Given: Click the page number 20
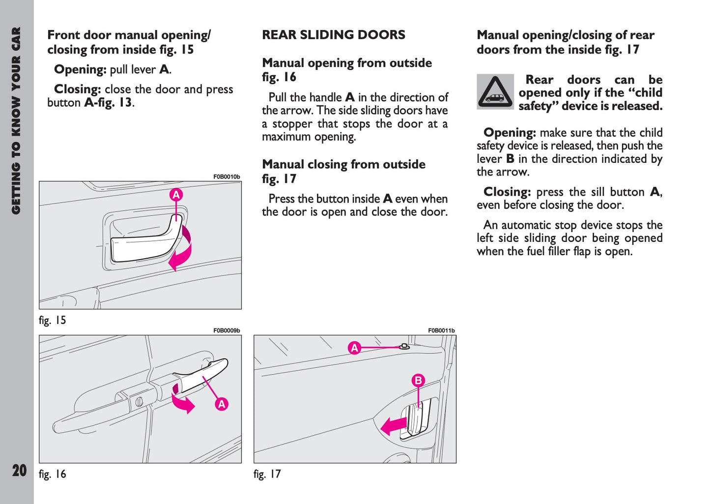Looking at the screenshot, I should [x=19, y=471].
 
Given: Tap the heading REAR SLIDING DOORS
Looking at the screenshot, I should [x=334, y=35].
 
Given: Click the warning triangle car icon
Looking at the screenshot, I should [x=495, y=92].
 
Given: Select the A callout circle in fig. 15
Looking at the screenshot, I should [x=176, y=195].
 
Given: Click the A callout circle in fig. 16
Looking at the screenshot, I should [x=222, y=404].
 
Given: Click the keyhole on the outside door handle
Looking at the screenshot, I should [x=139, y=401].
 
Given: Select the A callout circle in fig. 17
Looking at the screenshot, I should [x=354, y=348].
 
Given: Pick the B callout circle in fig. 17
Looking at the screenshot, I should [x=418, y=380].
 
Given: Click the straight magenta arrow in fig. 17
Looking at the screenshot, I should [x=394, y=425].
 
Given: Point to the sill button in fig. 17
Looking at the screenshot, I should [x=404, y=346].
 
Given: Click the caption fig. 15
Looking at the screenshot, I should [x=52, y=321].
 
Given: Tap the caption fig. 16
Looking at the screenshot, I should [x=52, y=474].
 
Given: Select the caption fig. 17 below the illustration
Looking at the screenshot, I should [x=267, y=474].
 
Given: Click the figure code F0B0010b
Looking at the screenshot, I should [x=227, y=177].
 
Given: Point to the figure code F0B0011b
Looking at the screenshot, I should [x=441, y=330].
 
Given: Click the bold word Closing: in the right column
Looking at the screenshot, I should [x=507, y=192].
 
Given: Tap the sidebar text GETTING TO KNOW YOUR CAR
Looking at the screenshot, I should [x=16, y=120].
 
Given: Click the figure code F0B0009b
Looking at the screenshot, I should [x=227, y=330].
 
